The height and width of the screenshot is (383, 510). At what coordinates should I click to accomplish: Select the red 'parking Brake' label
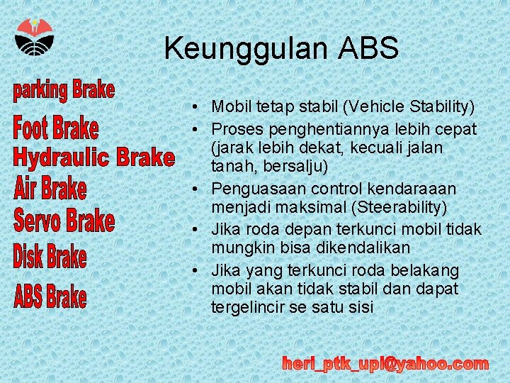tap(64, 91)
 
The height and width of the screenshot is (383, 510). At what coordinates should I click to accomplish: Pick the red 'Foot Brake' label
tap(56, 128)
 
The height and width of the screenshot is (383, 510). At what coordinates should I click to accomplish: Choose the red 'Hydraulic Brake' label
tap(93, 157)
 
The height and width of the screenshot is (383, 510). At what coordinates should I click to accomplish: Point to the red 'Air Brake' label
tap(50, 189)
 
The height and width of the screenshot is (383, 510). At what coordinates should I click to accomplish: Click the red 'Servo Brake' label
tap(64, 221)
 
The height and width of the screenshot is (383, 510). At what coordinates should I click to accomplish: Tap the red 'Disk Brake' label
tap(50, 256)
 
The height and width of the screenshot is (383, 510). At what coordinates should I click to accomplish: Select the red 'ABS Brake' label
tap(50, 296)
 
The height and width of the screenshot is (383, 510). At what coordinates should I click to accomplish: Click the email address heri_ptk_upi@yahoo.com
tap(385, 364)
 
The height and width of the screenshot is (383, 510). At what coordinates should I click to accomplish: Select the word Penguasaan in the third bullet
tap(249, 189)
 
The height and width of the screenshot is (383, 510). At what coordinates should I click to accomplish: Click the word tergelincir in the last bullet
tap(244, 307)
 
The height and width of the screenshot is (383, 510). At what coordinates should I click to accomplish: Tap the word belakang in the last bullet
tap(433, 271)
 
